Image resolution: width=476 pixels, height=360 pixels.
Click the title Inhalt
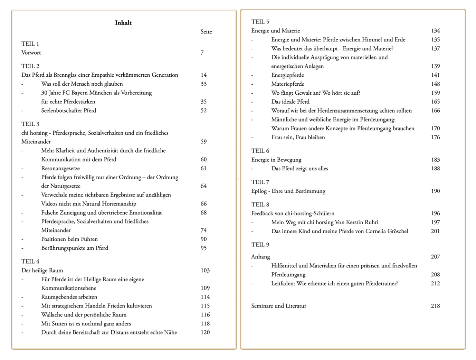coord(123,23)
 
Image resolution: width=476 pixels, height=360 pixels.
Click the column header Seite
coord(206,32)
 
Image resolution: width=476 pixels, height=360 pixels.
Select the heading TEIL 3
coord(30,124)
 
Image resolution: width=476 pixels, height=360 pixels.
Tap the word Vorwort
coord(31,53)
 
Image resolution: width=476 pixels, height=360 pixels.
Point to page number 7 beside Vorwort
coord(202,53)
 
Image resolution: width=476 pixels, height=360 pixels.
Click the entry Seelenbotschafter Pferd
coord(68,111)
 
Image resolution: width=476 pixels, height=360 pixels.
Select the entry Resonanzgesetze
coord(60,169)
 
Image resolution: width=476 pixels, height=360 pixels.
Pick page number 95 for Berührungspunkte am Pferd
coord(203,248)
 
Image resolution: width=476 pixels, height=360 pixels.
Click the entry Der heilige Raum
coord(42,271)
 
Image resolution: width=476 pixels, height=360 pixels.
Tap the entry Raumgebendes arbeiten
coord(69,297)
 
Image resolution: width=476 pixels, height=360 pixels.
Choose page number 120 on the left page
coord(205,332)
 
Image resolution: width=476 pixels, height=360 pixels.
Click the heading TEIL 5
coord(260,22)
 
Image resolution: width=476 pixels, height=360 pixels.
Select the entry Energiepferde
coord(287,75)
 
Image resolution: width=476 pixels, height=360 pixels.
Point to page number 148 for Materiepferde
coord(435,84)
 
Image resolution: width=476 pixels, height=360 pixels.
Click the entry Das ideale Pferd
coord(290,102)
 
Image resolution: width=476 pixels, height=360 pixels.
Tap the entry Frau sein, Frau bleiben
coord(298,138)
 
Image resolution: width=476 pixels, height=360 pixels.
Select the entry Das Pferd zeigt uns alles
coord(299,169)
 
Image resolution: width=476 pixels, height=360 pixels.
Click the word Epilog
coord(259,191)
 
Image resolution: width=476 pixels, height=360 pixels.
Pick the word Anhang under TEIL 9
coord(260,257)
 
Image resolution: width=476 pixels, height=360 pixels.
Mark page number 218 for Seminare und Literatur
coord(435,306)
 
